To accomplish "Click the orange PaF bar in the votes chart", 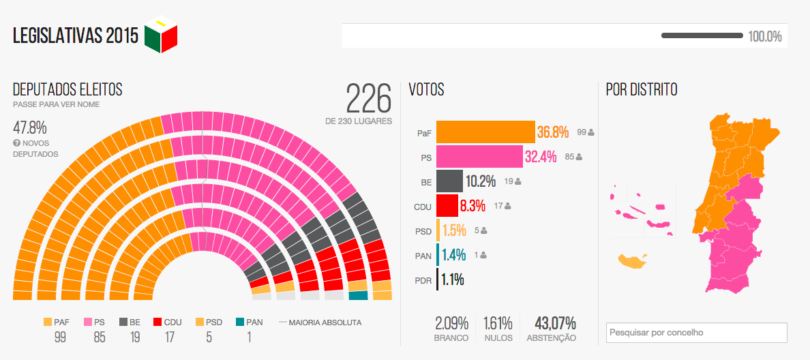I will (x=485, y=132).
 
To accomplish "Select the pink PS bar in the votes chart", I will (x=479, y=157).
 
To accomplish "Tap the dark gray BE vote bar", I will (x=449, y=181).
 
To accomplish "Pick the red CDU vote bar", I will (x=447, y=205).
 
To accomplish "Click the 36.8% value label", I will (x=552, y=132).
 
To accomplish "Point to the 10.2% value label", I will (x=481, y=181).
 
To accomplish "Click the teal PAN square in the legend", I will (x=240, y=322).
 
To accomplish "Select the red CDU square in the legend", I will (x=157, y=322).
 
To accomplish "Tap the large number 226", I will (x=369, y=100).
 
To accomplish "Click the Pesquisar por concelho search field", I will (x=696, y=333).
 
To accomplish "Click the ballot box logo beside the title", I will (x=161, y=34).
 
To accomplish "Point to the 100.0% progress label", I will (x=765, y=36).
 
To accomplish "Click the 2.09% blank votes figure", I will (x=451, y=322).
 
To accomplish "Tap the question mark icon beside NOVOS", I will (x=16, y=143).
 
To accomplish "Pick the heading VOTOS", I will (x=426, y=89).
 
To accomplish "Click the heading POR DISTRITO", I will (x=642, y=89).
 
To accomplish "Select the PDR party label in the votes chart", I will (x=423, y=280).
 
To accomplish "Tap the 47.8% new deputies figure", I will (x=29, y=127).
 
